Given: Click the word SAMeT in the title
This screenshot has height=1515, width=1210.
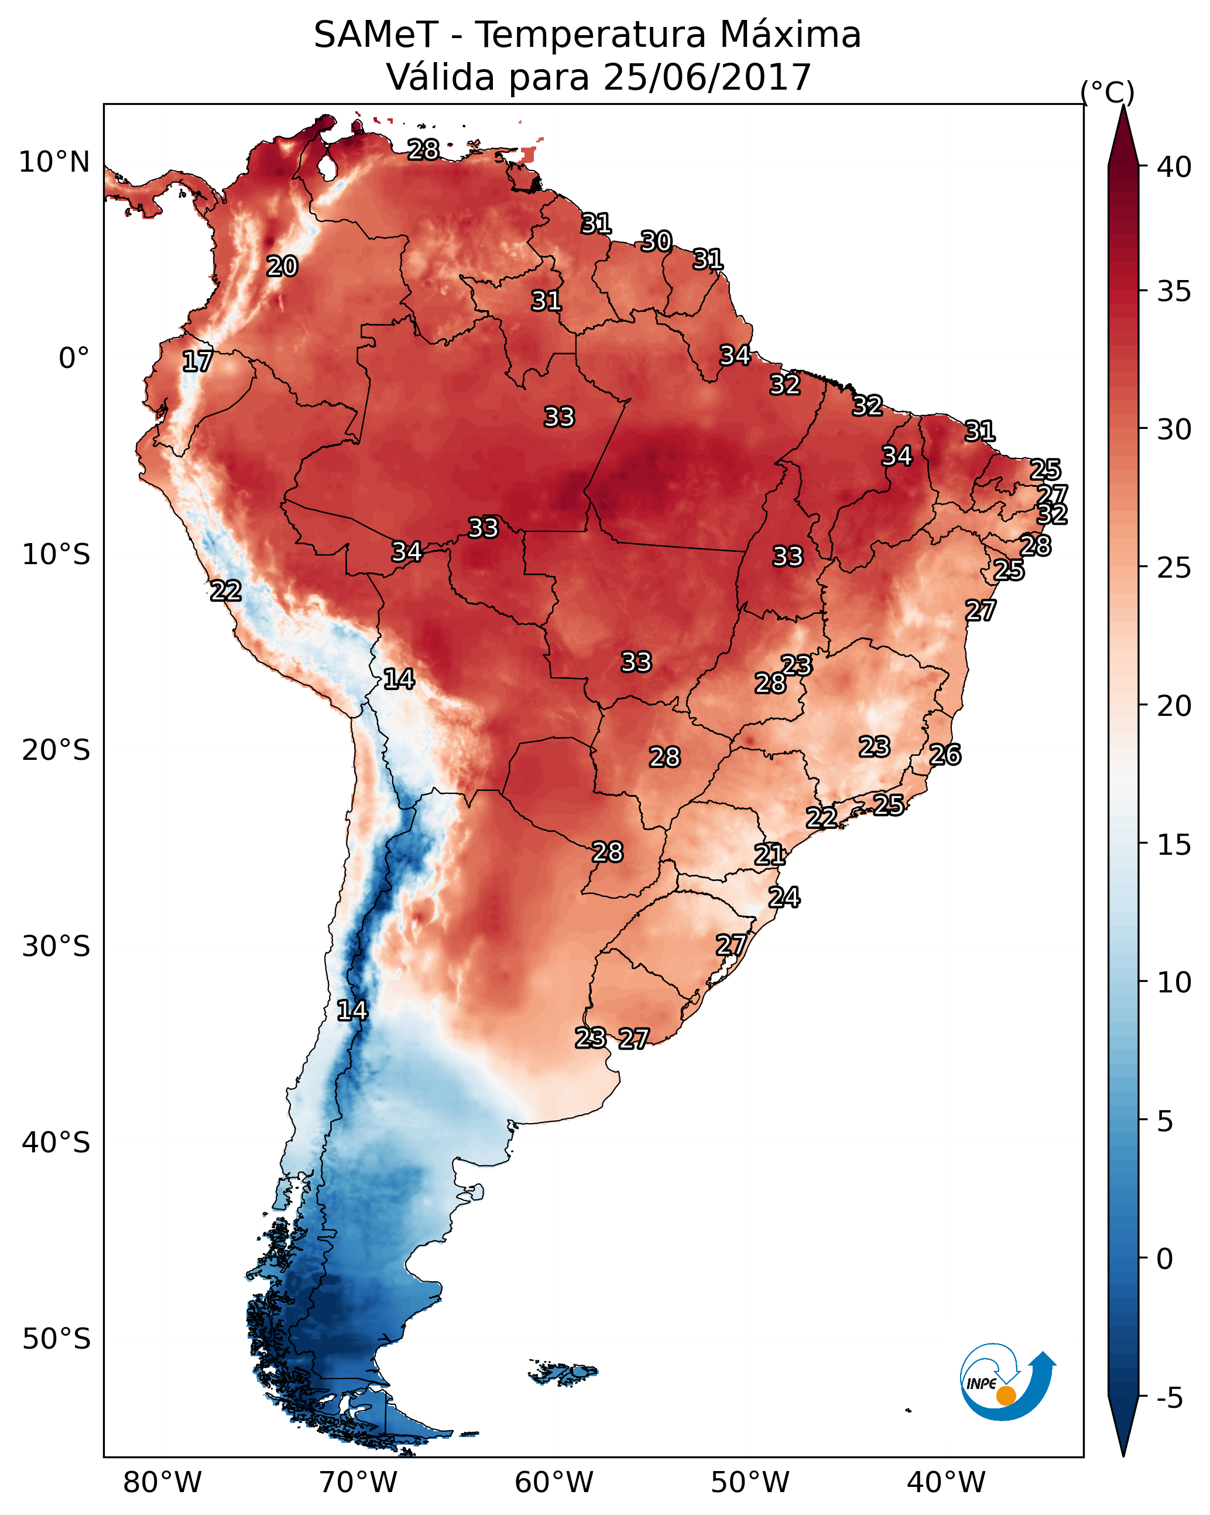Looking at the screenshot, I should tap(376, 35).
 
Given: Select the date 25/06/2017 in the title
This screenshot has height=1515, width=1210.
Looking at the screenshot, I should tap(707, 77).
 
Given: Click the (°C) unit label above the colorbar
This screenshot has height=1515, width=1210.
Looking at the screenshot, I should tap(1107, 92).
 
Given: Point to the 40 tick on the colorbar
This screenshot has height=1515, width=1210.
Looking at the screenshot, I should tap(1174, 167).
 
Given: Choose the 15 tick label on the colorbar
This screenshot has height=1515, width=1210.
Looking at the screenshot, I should tap(1174, 845).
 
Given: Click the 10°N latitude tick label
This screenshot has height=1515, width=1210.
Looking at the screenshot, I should tap(54, 162).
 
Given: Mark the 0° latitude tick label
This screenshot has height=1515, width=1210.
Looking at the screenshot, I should tap(74, 359).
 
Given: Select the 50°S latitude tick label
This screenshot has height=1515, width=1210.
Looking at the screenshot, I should tap(56, 1339).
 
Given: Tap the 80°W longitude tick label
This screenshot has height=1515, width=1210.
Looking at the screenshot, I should tap(162, 1483).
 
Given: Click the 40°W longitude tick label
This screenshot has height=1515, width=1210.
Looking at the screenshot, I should tap(946, 1483).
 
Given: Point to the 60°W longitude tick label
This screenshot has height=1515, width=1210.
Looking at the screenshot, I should tap(554, 1483).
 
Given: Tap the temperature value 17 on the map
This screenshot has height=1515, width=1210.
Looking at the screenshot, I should tap(197, 362).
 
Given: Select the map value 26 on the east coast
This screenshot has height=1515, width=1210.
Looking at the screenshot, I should tap(945, 755).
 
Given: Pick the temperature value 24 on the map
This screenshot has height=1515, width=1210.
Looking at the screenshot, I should tap(784, 898).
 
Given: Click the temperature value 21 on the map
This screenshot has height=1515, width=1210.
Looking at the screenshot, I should tap(770, 855).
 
